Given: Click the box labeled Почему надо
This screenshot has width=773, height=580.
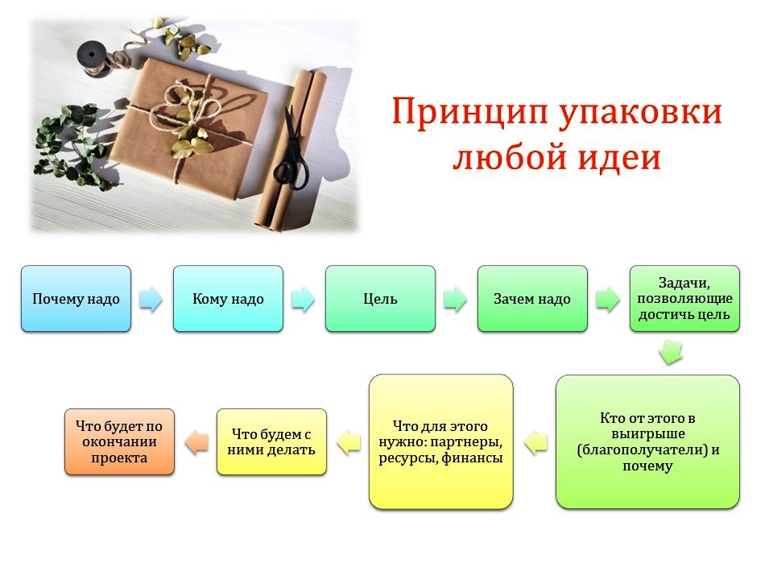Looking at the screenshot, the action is (x=76, y=298).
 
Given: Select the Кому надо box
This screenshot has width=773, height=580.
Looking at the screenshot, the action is (x=228, y=298).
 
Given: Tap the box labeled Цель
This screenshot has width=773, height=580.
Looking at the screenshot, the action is (x=380, y=298).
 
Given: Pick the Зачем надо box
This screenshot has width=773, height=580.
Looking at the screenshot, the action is (x=532, y=298).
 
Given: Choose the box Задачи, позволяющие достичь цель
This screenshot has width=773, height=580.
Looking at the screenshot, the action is (x=684, y=298).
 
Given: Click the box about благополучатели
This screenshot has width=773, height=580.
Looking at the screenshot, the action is (x=647, y=441).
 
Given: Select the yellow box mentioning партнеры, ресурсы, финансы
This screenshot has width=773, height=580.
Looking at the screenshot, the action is (x=440, y=441).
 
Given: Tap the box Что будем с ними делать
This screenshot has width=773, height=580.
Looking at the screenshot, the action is (x=271, y=441).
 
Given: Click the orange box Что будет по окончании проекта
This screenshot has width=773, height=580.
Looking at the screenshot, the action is (x=119, y=441).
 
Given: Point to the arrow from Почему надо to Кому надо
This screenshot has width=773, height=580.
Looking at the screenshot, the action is (x=151, y=299).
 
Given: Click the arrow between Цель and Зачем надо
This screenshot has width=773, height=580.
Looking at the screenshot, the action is (x=455, y=299).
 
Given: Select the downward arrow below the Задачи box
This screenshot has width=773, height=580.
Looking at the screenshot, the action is (x=671, y=352).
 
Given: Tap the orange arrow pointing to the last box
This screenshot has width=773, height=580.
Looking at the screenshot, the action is (x=196, y=441).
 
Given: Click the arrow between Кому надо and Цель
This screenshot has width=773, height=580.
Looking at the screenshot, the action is (x=304, y=299).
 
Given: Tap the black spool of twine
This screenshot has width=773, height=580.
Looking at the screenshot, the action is (x=93, y=58).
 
